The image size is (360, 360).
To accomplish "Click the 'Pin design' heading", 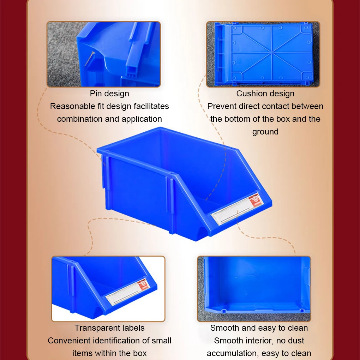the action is pyautogui.click(x=109, y=94).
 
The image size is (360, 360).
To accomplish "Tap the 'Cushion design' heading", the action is pyautogui.click(x=265, y=94).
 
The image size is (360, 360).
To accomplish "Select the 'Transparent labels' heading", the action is pyautogui.click(x=109, y=328).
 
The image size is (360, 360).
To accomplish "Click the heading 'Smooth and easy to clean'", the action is pyautogui.click(x=259, y=328).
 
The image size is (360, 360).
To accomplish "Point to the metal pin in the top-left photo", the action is pyautogui.click(x=89, y=59).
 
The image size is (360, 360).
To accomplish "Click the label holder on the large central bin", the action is pyautogui.click(x=237, y=209).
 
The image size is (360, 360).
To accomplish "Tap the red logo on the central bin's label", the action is pyautogui.click(x=256, y=200).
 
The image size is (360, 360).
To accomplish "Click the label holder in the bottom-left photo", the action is pyautogui.click(x=128, y=292).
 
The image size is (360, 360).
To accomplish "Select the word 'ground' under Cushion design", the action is pyautogui.click(x=265, y=132).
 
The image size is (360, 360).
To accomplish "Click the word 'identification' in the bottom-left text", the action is pyautogui.click(x=116, y=341).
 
